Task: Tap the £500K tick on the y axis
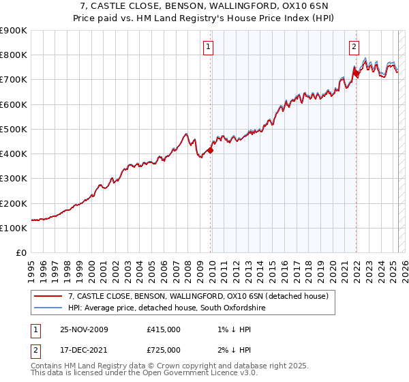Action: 14,129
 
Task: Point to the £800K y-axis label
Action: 14,55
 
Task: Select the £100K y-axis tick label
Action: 14,228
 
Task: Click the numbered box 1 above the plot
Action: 208,47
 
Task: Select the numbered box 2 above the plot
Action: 354,47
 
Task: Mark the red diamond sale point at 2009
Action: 210,151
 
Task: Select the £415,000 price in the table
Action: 164,329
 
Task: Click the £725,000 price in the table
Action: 164,349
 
